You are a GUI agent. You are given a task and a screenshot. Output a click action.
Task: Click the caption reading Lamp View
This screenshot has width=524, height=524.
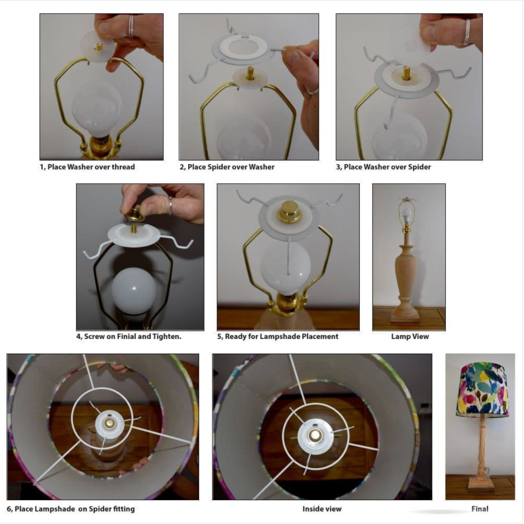pos(410,337)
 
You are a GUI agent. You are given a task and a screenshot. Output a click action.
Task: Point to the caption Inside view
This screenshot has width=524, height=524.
pos(322,509)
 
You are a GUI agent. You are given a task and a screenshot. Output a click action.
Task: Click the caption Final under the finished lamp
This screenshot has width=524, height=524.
pos(480,509)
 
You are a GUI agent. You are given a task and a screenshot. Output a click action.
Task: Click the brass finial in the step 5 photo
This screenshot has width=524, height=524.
pos(289,212)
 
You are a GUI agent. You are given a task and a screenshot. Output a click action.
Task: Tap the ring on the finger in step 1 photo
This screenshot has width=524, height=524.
pos(131,26)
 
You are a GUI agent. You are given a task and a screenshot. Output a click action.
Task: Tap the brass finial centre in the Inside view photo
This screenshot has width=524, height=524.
pos(315,435)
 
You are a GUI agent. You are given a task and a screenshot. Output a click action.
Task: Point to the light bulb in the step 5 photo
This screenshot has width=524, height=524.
pos(285,268)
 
